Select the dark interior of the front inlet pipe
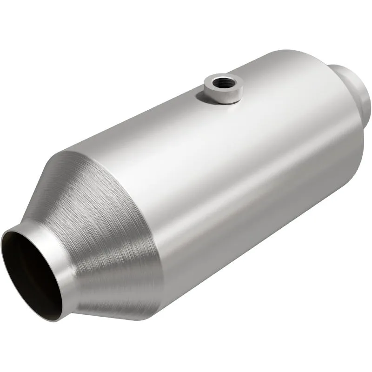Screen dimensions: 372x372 (x=33, y=274)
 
